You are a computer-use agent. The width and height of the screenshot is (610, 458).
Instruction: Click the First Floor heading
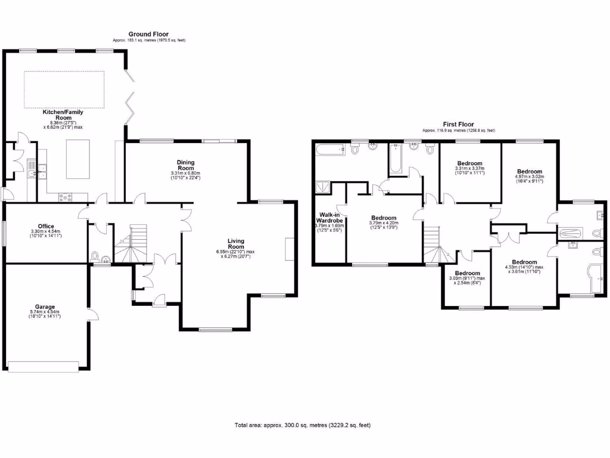tap(458, 125)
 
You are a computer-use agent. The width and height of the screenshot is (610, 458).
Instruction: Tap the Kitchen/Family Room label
tap(63, 115)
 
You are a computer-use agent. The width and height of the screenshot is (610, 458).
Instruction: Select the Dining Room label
tap(186, 165)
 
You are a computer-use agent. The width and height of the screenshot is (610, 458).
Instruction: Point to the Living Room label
tap(236, 244)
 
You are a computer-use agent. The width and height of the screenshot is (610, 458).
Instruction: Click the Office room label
tap(46, 226)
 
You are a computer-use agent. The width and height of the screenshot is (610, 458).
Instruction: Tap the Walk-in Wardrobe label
tap(329, 218)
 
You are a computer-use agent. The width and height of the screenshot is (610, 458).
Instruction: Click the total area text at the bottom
tap(304, 425)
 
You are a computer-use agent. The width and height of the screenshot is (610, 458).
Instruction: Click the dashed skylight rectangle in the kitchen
tap(64, 89)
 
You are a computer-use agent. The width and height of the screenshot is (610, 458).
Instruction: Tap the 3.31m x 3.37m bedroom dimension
tap(470, 170)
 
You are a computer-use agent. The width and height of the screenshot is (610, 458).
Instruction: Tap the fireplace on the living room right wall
tap(290, 249)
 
